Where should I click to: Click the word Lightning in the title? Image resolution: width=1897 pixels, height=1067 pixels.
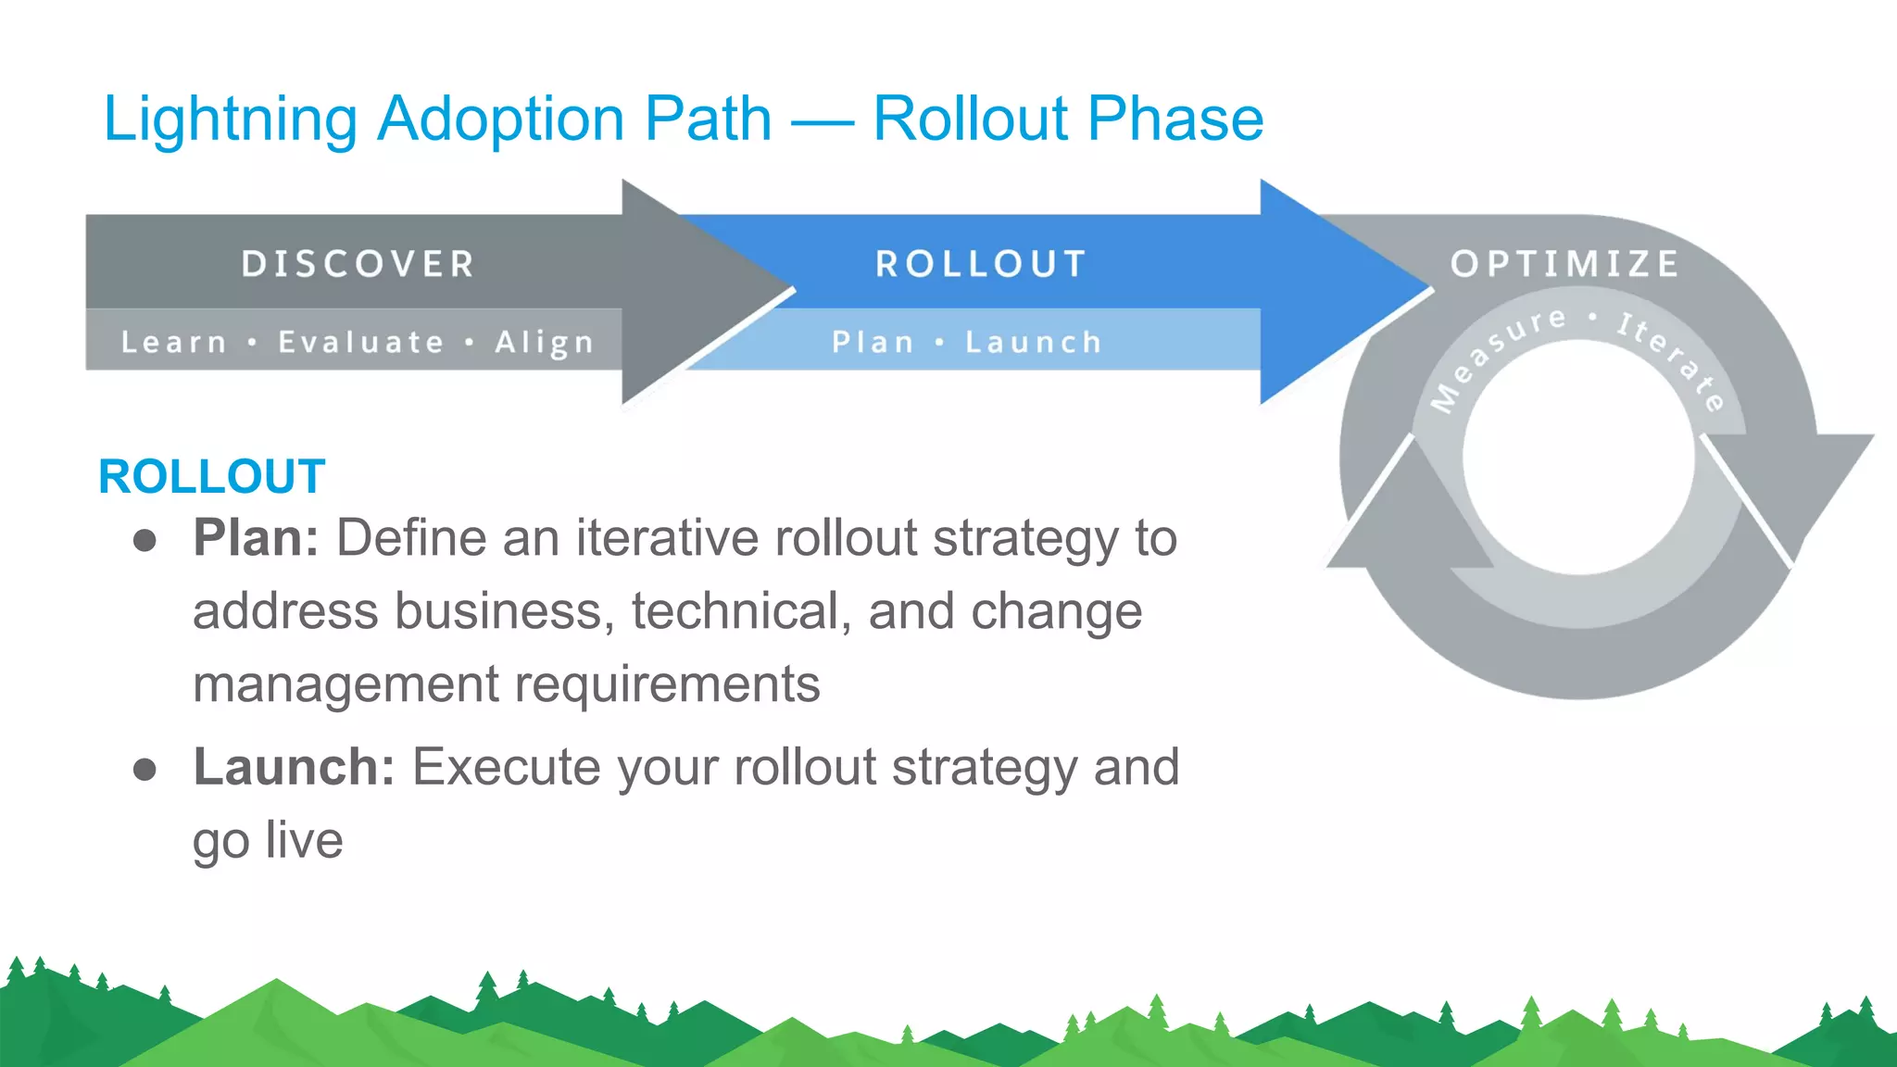[x=230, y=120]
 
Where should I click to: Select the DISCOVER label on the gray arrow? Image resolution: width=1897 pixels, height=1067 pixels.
[x=358, y=264]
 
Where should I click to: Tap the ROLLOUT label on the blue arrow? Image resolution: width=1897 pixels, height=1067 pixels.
[x=980, y=264]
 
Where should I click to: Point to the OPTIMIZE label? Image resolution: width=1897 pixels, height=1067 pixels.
[x=1564, y=264]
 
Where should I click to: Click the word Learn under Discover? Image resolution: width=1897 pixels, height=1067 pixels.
[x=173, y=342]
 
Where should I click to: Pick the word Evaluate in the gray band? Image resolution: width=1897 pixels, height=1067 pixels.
[x=361, y=342]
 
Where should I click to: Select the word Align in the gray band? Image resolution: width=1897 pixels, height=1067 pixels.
[x=544, y=343]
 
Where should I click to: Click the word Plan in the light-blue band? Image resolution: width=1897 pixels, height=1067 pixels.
[x=873, y=342]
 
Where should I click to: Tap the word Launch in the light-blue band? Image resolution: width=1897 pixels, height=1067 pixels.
[x=1034, y=342]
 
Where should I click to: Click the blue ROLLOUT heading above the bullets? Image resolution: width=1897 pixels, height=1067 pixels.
[x=212, y=477]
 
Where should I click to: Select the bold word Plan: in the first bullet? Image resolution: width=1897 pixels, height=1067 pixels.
[x=256, y=537]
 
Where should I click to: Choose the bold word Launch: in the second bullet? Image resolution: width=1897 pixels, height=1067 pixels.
[x=294, y=767]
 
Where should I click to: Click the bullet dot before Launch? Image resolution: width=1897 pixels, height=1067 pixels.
[x=144, y=769]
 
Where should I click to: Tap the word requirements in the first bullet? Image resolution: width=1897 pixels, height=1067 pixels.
[x=667, y=684]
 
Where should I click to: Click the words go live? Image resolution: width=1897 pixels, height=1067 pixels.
[x=268, y=841]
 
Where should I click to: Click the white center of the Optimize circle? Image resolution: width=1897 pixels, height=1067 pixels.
[x=1578, y=458]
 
